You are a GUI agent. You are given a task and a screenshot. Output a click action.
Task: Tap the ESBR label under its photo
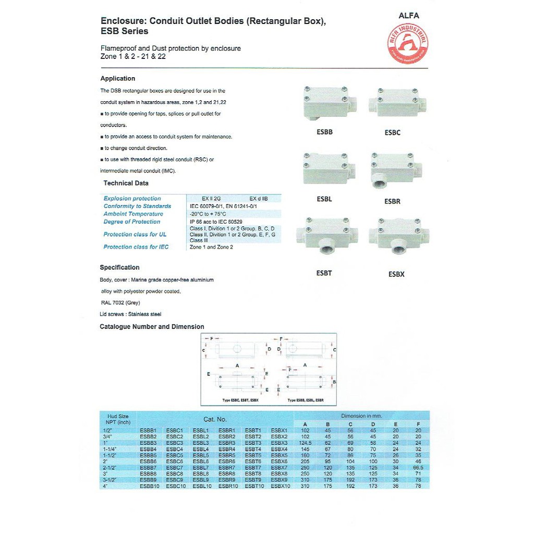pos(392,202)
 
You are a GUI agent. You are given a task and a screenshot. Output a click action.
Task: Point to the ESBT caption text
pos(324,273)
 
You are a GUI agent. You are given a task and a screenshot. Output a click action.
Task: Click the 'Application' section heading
pos(117,79)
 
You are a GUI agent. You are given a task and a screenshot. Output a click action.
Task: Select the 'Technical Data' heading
pos(126,183)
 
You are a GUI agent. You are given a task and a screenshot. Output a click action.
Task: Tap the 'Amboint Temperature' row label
pos(133,214)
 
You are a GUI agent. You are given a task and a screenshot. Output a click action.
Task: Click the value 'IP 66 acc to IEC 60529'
pos(216,222)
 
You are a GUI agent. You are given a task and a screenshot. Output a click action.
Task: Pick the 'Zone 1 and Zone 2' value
pos(211,247)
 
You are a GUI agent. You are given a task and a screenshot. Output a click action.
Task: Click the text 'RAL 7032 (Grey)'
pos(120,302)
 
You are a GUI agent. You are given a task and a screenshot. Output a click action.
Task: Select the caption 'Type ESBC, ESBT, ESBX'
pos(240,400)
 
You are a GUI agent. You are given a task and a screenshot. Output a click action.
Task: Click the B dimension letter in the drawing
pos(334,382)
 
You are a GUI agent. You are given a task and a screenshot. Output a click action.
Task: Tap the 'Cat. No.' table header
pos(215,419)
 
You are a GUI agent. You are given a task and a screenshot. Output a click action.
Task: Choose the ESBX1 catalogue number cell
pos(279,430)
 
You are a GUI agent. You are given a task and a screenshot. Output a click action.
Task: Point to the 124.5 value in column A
pos(305,443)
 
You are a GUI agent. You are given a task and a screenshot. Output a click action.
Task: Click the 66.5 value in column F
pos(418,467)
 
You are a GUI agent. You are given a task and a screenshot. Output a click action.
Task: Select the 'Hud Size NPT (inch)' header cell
pos(118,419)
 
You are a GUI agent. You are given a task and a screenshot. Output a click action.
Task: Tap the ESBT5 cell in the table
pos(253,455)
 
